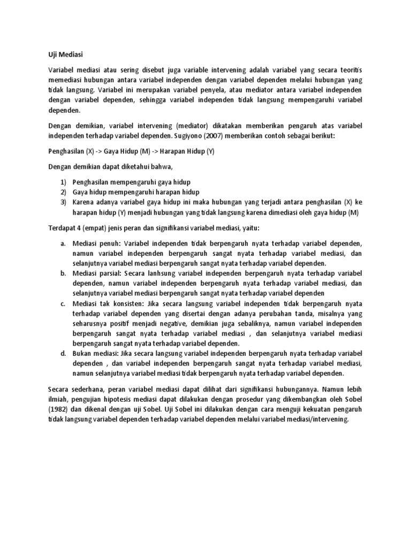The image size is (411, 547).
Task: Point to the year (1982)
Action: (x=58, y=410)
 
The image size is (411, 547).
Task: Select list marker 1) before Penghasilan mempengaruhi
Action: (x=62, y=182)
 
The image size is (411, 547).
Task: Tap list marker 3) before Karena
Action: (x=62, y=202)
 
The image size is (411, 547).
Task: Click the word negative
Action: (x=165, y=324)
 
